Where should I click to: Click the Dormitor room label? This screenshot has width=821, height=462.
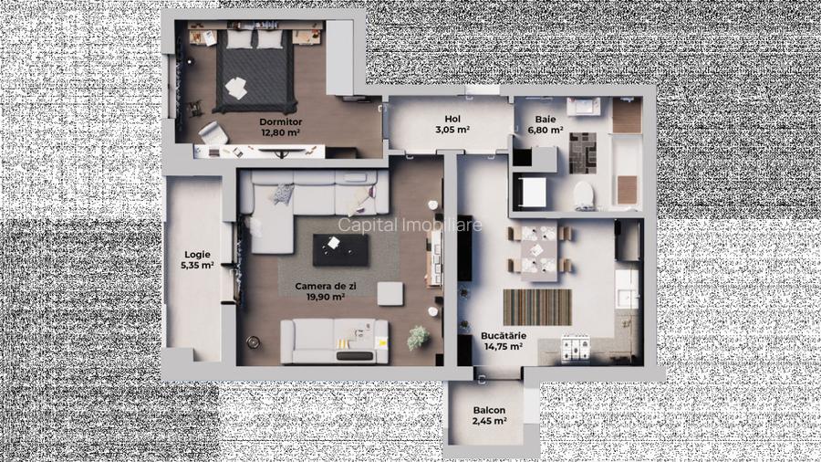pyautogui.click(x=280, y=121)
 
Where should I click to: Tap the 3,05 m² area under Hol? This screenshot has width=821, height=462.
pyautogui.click(x=452, y=131)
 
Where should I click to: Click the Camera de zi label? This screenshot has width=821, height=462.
pyautogui.click(x=319, y=285)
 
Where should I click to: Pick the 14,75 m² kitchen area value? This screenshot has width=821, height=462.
pyautogui.click(x=502, y=347)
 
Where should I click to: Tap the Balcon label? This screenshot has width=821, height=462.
pyautogui.click(x=489, y=410)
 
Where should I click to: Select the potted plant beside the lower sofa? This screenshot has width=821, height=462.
pyautogui.click(x=419, y=335)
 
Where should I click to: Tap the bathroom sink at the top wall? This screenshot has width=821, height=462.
pyautogui.click(x=582, y=110)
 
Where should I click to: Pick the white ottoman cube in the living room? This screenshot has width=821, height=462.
pyautogui.click(x=390, y=294)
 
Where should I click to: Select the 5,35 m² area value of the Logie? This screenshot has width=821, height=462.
pyautogui.click(x=197, y=267)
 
